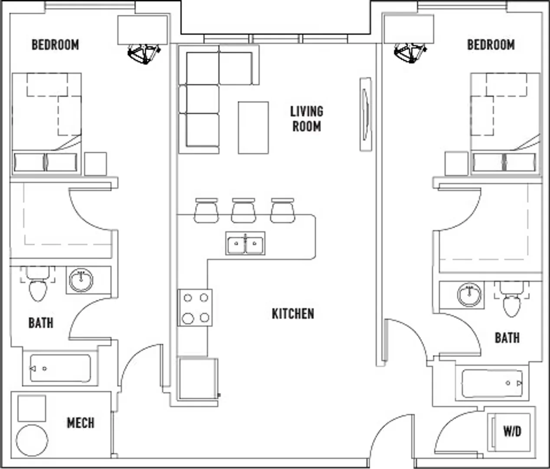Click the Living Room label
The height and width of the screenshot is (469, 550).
(x=307, y=119)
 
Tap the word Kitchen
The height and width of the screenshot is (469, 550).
(x=293, y=314)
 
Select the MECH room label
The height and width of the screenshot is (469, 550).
(x=81, y=423)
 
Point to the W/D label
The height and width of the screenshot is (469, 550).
(x=512, y=431)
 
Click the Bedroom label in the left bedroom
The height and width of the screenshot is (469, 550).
(x=56, y=45)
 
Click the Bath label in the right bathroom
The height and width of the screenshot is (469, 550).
(x=507, y=338)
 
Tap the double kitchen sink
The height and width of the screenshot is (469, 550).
(x=246, y=243)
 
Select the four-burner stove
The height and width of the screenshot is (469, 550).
(x=195, y=308)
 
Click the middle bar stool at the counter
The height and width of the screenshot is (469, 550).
(x=243, y=211)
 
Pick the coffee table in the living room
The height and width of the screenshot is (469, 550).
(x=253, y=128)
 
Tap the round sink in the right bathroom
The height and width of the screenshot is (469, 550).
(x=469, y=295)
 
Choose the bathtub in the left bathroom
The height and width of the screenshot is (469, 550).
(x=60, y=369)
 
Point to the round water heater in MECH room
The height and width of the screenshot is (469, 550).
(x=32, y=441)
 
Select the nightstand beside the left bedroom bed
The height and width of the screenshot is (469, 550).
(x=95, y=164)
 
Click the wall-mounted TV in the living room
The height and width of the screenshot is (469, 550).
(x=366, y=114)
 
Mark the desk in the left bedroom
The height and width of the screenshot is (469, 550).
(x=143, y=30)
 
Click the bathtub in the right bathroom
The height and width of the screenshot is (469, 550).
(x=492, y=383)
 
